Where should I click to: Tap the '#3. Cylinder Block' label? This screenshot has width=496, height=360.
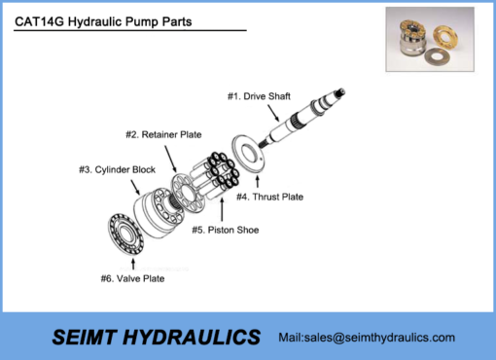[x=117, y=169]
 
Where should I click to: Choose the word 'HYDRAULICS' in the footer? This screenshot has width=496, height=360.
[x=199, y=337]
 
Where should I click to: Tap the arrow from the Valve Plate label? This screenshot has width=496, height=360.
[x=130, y=263]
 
